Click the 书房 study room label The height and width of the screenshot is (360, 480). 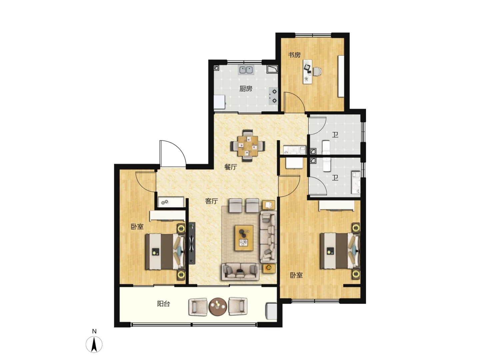[294, 55]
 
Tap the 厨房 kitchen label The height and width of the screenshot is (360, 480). [246, 89]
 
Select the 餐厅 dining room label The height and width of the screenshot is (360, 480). [231, 167]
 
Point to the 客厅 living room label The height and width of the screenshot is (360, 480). [211, 201]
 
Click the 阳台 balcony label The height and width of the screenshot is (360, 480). [164, 304]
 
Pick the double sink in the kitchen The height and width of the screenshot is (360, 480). [246, 70]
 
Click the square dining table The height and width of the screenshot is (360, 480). [248, 146]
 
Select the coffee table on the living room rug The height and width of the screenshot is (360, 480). [244, 238]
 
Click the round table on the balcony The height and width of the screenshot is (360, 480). [218, 306]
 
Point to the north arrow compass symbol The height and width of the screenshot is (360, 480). [94, 344]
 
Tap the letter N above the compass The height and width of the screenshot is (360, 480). [94, 331]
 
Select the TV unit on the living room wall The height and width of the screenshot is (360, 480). [192, 243]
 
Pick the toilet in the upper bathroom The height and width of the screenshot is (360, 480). [326, 147]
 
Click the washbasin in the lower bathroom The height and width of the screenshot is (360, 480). [356, 183]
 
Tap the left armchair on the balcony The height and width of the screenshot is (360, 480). [198, 307]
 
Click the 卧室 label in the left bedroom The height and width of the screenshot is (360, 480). [137, 227]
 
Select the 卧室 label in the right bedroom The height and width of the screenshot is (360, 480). [296, 275]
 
